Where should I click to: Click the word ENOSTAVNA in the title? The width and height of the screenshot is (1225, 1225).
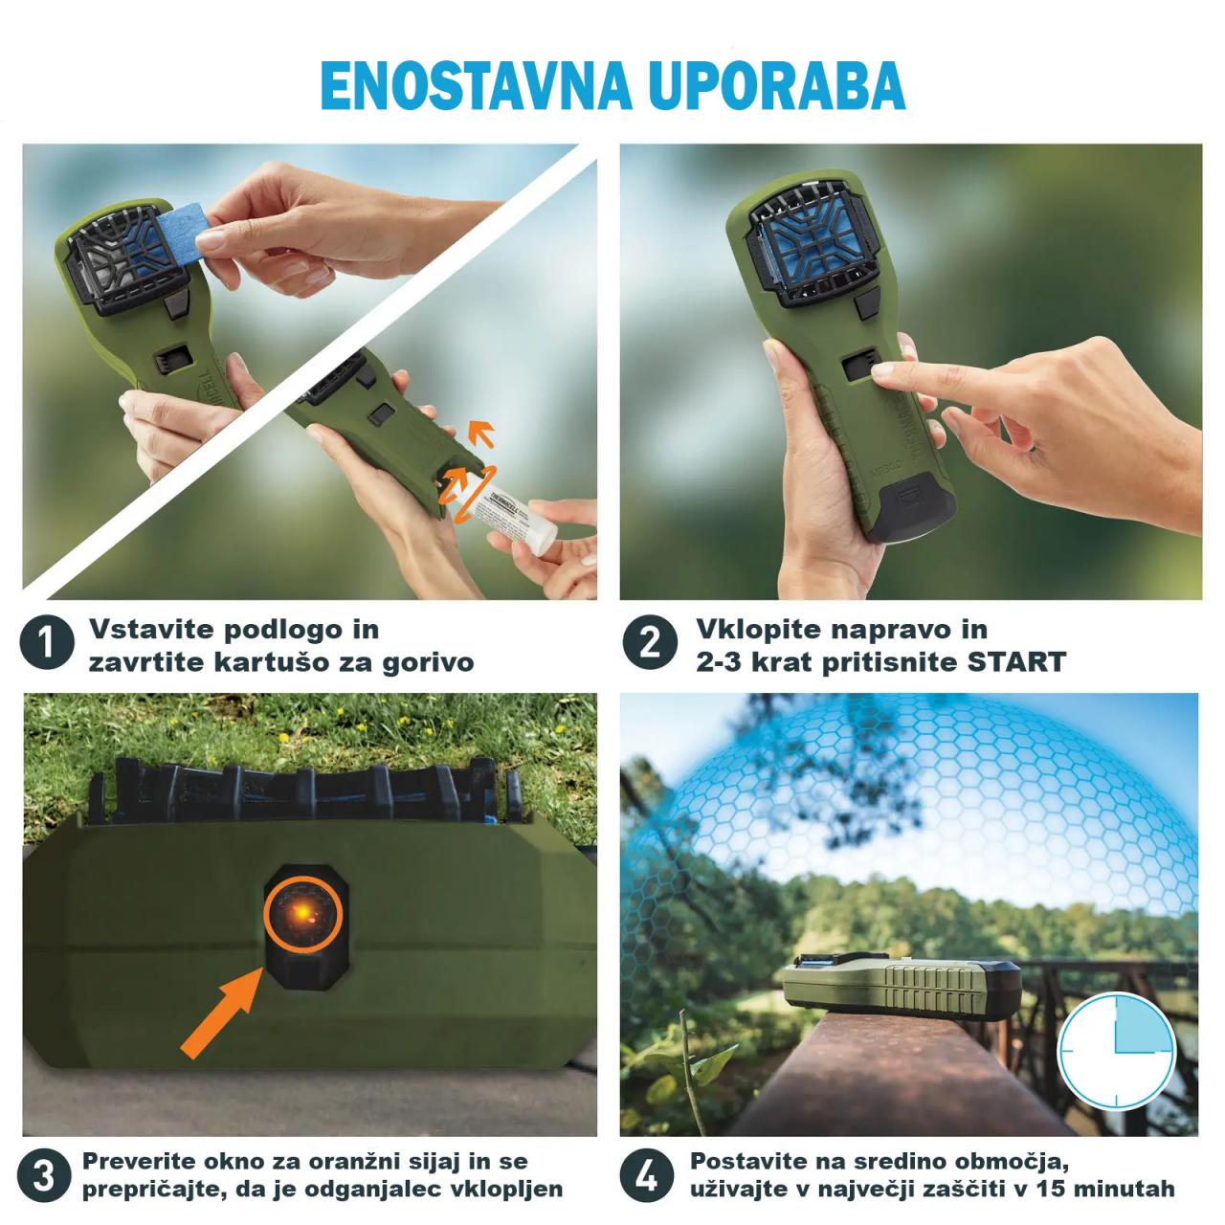[476, 85]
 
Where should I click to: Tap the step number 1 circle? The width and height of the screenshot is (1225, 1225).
[47, 643]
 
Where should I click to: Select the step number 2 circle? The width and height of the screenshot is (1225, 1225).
[649, 643]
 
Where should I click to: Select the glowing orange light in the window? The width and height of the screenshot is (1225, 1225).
[303, 914]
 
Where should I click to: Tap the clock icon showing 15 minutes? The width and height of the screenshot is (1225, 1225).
[1116, 1051]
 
